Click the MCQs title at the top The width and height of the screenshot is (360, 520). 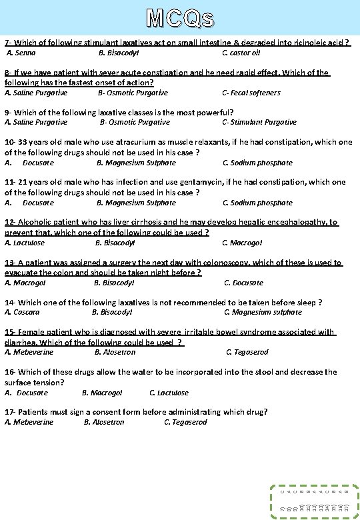pos(180,18)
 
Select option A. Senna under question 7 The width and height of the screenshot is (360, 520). pos(21,53)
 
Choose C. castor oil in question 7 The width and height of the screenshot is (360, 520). pos(241,53)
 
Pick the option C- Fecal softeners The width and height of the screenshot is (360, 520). pos(251,93)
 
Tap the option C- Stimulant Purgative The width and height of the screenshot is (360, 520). pos(259,122)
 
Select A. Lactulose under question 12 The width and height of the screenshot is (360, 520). pos(25,243)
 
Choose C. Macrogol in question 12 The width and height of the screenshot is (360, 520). pos(242,243)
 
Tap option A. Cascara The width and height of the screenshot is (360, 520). pos(22,312)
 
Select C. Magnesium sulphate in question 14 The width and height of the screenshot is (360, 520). pos(263,312)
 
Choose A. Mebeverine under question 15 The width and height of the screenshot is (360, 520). pos(29,352)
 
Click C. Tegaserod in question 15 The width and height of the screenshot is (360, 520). pos(247,352)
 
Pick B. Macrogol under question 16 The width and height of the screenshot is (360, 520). pos(102,393)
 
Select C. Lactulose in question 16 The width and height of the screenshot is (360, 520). pos(169,393)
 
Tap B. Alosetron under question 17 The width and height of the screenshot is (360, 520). pos(104,422)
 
